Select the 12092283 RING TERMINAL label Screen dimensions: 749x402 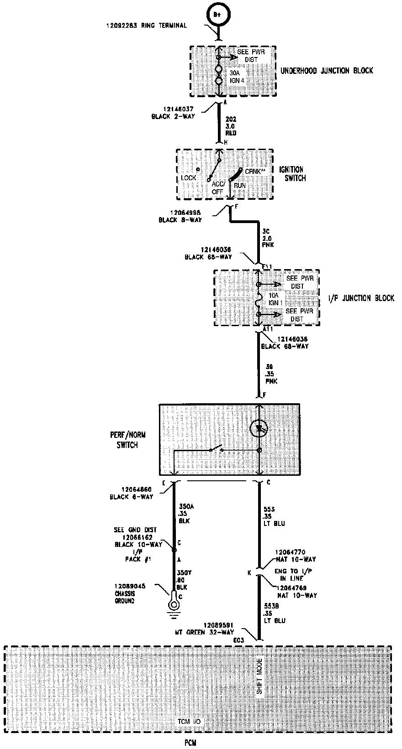pyautogui.click(x=147, y=26)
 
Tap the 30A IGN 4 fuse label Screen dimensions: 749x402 pyautogui.click(x=237, y=77)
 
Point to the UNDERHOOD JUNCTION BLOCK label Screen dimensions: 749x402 pyautogui.click(x=327, y=71)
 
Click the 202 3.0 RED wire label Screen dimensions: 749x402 pyautogui.click(x=231, y=126)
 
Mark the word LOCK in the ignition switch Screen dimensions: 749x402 pyautogui.click(x=188, y=178)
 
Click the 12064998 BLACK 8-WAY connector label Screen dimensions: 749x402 pyautogui.click(x=180, y=216)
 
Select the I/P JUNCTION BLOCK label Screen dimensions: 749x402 pyautogui.click(x=361, y=298)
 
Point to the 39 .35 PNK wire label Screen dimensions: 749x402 pyautogui.click(x=271, y=374)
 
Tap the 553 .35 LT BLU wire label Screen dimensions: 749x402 pyautogui.click(x=274, y=516)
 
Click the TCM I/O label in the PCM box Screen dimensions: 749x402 pyautogui.click(x=189, y=722)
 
